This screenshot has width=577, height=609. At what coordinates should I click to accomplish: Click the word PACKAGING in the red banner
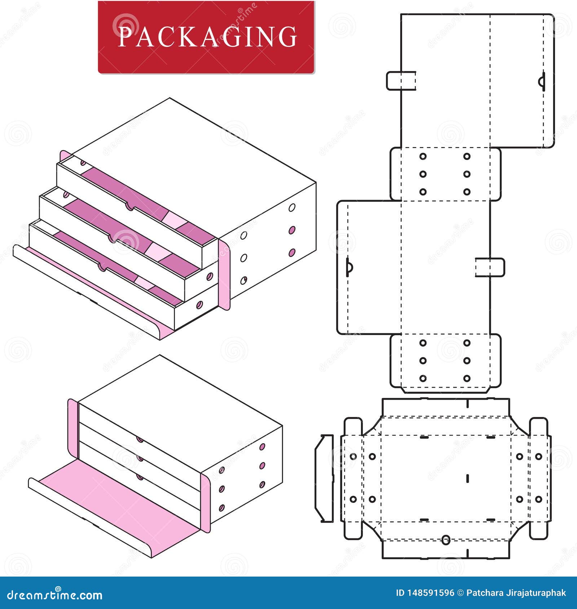207,36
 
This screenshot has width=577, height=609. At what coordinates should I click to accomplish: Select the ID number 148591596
430,593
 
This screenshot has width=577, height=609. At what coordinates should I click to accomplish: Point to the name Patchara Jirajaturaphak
516,593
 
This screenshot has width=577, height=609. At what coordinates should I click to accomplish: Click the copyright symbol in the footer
460,593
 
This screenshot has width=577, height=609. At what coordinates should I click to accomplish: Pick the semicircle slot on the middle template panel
349,267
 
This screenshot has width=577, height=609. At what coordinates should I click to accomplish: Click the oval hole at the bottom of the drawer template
446,550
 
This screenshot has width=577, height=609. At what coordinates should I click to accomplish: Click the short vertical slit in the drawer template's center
468,478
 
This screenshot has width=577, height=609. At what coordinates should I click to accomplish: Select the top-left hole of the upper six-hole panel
423,156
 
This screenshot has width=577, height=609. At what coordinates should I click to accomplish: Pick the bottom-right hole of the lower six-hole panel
467,378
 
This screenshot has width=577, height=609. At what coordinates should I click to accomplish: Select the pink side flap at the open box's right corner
224,274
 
